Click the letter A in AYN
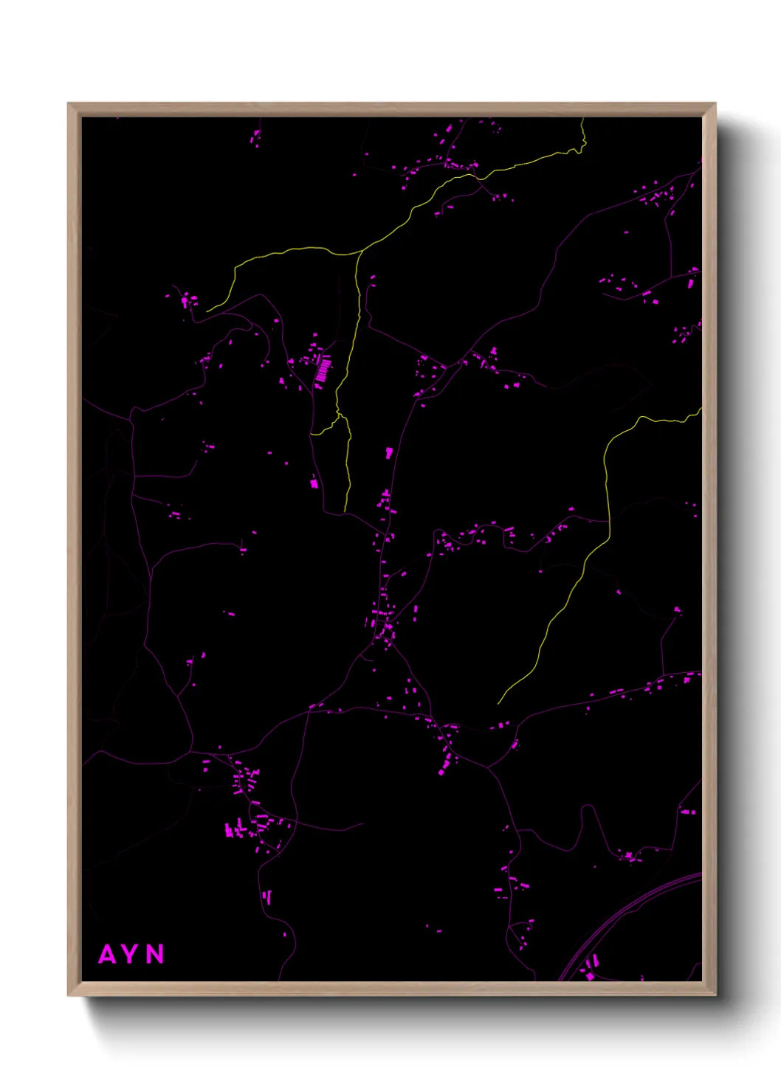pyautogui.click(x=107, y=954)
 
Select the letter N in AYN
pyautogui.click(x=155, y=954)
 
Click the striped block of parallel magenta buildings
pyautogui.click(x=323, y=369)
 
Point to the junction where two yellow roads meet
pyautogui.click(x=361, y=252)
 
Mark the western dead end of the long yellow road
pyautogui.click(x=207, y=311)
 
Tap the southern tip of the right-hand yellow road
pyautogui.click(x=498, y=703)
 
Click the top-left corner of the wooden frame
pyautogui.click(x=69, y=104)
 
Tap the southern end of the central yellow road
pyautogui.click(x=345, y=510)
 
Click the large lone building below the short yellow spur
pyautogui.click(x=314, y=483)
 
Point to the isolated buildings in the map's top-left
pyautogui.click(x=256, y=137)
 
